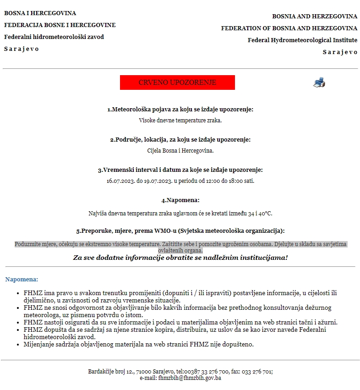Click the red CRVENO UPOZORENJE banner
point(177,82)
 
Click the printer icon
point(319,82)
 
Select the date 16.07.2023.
point(120,181)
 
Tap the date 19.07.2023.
point(158,181)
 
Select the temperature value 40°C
point(265,214)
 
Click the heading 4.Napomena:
point(180,200)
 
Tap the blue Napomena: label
point(22,279)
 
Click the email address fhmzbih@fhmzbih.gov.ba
point(190,378)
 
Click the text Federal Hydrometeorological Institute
point(302,40)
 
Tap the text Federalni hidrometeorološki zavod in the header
point(54,37)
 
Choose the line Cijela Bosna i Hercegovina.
point(180,150)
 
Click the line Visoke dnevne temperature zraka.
point(180,120)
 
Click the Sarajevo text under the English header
point(340,52)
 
